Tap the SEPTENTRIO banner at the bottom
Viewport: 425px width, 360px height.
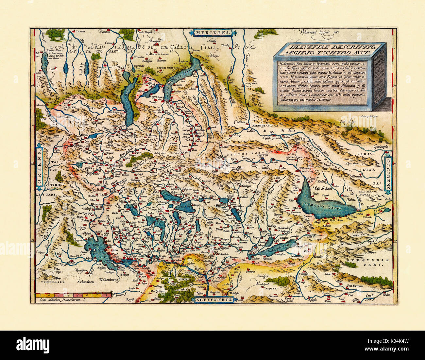click(x=214, y=299)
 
